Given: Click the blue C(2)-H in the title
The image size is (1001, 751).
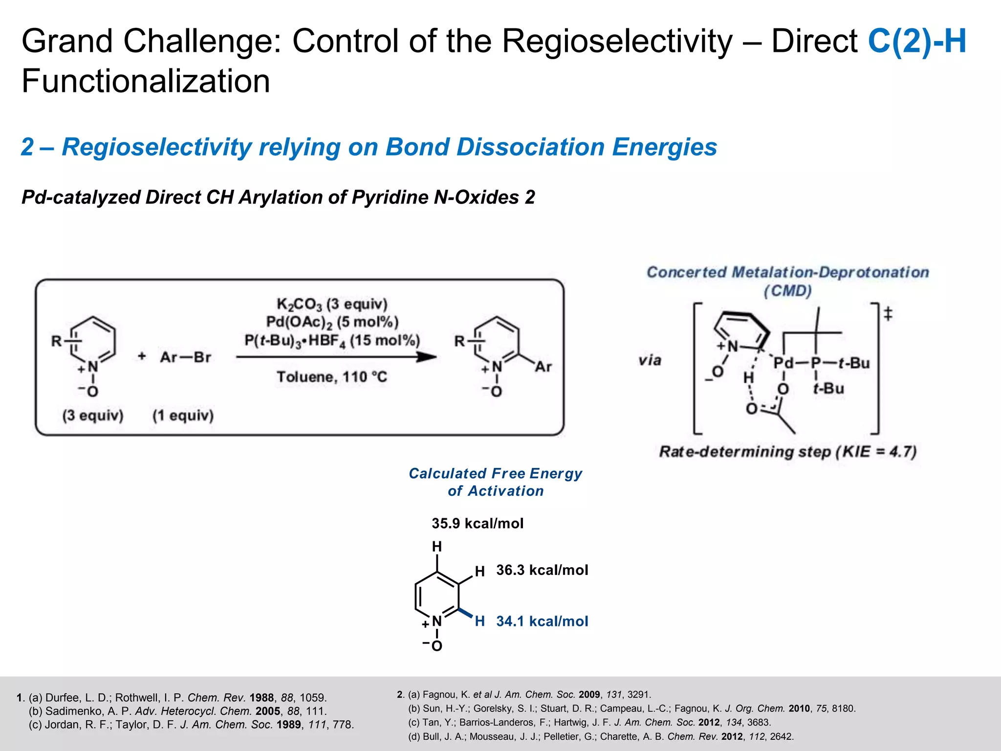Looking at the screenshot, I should pos(917,41).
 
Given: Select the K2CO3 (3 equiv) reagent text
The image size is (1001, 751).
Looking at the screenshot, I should pos(332,304).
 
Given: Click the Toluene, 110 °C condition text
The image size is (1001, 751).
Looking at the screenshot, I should pos(332,377).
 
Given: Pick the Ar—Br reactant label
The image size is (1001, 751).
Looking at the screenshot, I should pos(185,357).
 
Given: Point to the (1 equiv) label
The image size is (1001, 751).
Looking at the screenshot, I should pos(183,416).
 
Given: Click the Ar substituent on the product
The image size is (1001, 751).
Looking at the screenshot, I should pos(543,367).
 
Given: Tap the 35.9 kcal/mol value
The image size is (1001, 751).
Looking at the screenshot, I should pos(477,524).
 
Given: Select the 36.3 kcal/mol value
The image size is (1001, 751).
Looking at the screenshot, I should pos(542,570).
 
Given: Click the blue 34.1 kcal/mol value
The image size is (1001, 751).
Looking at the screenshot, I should pos(542,621).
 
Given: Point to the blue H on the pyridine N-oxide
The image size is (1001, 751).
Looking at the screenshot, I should pos(479,621).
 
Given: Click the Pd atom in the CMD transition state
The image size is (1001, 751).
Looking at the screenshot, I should pos(783,363).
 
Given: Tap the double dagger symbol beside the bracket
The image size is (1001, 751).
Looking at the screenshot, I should pos(888,313).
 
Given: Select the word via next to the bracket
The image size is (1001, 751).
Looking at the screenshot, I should pos(650,361).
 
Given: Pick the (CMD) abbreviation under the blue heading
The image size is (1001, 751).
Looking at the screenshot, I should pos(787,291).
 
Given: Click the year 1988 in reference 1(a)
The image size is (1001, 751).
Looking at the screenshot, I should pos(261,698).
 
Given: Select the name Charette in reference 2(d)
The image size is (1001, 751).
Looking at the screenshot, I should pos(618,736).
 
